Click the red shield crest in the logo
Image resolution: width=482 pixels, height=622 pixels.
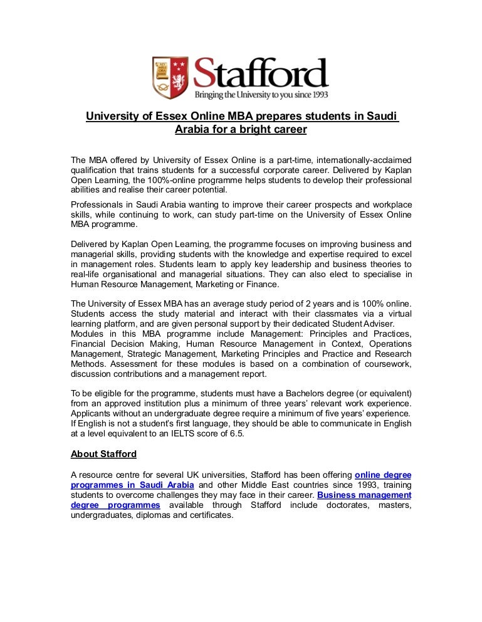click(x=170, y=77)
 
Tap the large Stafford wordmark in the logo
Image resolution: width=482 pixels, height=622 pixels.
click(x=260, y=74)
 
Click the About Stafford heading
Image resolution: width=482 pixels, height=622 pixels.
click(x=103, y=454)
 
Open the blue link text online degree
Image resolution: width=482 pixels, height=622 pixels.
click(x=383, y=475)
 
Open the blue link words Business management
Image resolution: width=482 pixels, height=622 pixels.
click(x=364, y=495)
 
